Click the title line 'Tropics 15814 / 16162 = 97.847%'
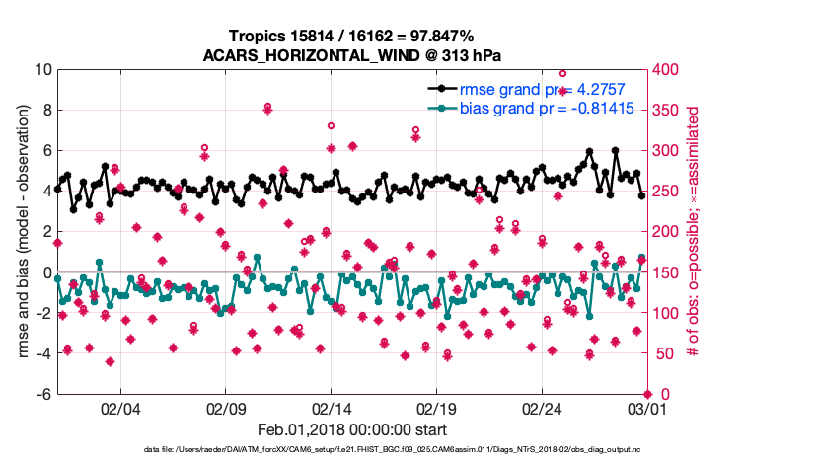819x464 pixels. [x=352, y=36]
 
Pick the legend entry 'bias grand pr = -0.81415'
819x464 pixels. [x=547, y=107]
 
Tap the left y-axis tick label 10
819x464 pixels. [x=41, y=70]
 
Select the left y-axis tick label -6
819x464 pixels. [x=41, y=394]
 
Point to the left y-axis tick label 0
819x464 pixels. [x=45, y=272]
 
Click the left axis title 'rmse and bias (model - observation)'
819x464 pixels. [x=22, y=232]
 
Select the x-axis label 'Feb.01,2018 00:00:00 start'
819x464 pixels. [x=352, y=429]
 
